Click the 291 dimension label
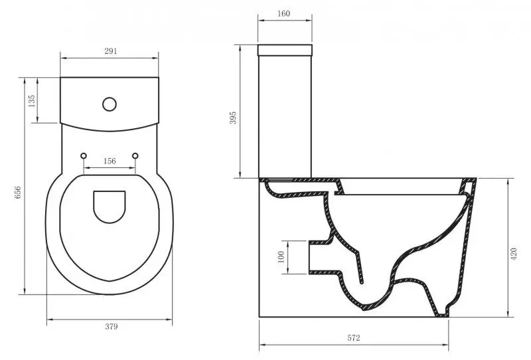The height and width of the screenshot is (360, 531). tap(110, 51)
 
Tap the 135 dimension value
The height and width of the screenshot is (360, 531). tap(31, 101)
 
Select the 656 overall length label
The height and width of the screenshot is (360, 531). tap(18, 192)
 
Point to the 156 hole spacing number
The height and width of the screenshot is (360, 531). tap(110, 161)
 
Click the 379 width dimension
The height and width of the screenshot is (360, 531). tap(111, 326)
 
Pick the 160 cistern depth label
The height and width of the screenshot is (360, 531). tap(283, 13)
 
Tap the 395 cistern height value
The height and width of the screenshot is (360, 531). tap(233, 118)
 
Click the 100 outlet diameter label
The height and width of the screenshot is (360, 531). tap(281, 257)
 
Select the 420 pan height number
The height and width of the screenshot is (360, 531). tap(514, 254)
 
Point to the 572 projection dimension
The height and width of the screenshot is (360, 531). tap(354, 338)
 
